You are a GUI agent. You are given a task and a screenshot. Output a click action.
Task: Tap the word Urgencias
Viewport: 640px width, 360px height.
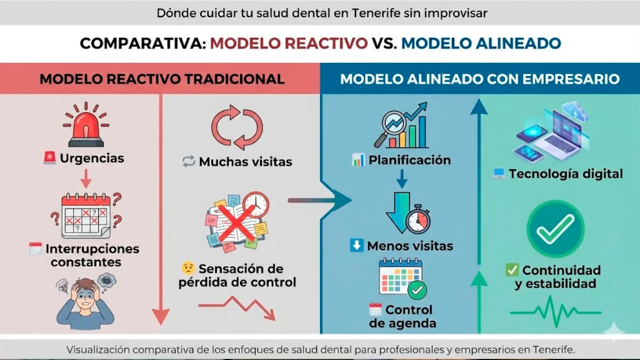point(92,158)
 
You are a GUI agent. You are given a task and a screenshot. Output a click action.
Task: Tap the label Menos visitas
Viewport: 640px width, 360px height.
point(410,246)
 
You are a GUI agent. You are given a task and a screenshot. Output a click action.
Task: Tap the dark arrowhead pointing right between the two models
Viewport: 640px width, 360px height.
point(338,201)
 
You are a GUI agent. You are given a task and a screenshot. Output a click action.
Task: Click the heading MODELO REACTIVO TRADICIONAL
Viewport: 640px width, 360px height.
point(162,79)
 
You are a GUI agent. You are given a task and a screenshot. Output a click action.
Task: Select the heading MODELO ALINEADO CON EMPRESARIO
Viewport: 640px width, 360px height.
point(480,79)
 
